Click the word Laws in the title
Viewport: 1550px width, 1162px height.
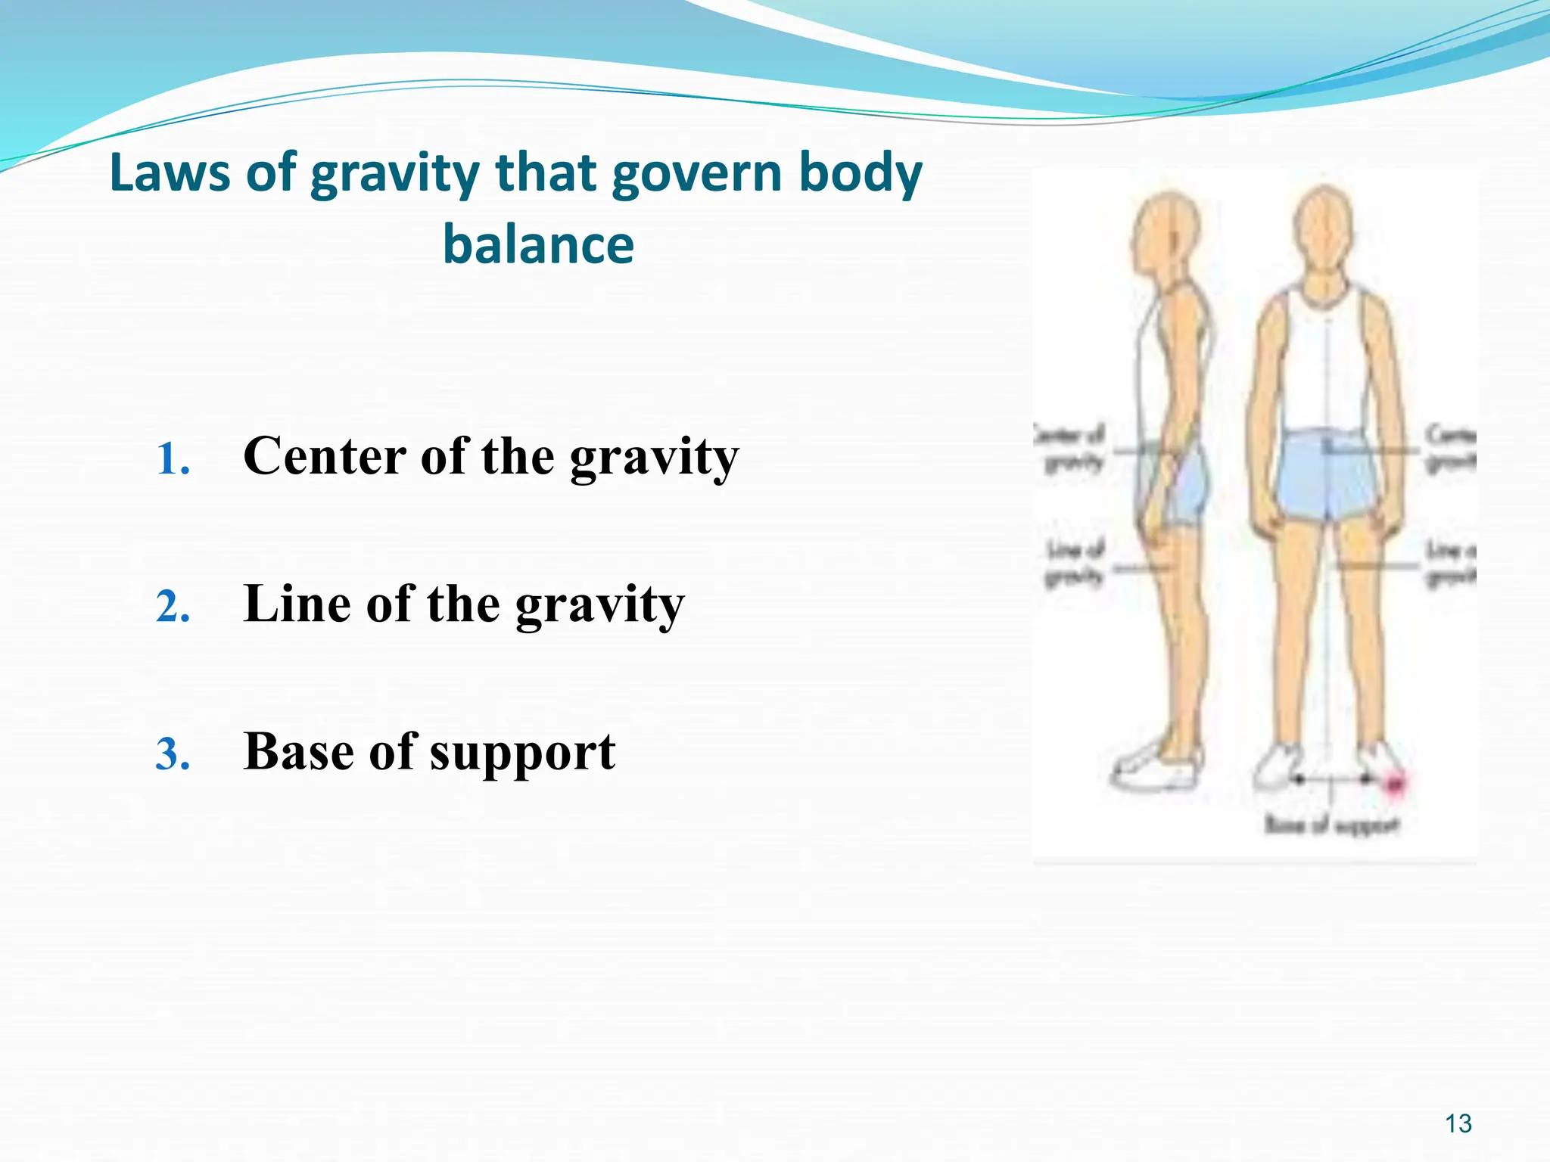170,172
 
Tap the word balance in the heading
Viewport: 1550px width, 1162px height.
538,245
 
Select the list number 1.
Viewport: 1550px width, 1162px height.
173,459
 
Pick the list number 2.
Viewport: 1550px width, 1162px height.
173,607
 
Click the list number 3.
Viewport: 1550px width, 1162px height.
173,754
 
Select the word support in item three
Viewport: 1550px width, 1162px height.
522,754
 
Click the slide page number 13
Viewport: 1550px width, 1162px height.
1458,1123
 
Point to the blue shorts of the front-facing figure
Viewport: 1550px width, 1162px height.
1324,477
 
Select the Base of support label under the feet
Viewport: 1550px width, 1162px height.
1332,825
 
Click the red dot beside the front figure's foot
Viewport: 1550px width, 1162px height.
1393,785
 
